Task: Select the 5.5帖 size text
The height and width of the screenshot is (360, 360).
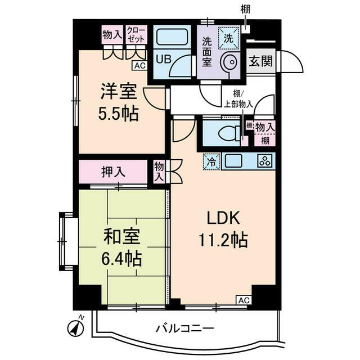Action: (x=118, y=114)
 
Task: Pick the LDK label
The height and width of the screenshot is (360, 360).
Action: (x=222, y=218)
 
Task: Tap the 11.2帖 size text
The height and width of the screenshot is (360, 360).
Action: (x=222, y=240)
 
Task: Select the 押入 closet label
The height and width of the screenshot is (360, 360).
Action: (x=113, y=172)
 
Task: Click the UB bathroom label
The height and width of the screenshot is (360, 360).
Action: (x=163, y=59)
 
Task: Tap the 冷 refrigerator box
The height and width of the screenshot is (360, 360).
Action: (x=211, y=161)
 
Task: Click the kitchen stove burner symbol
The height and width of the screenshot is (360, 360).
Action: (x=264, y=161)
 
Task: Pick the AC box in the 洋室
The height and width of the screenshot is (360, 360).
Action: (x=139, y=66)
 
